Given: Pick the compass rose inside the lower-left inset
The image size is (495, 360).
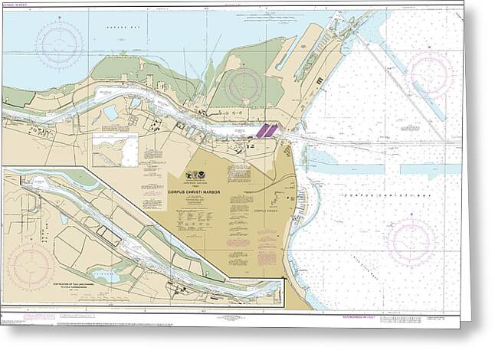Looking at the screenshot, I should tap(31, 263).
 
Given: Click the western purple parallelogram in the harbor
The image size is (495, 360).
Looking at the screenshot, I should tap(261, 131).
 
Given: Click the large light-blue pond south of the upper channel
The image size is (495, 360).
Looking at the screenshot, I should tap(112, 113).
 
